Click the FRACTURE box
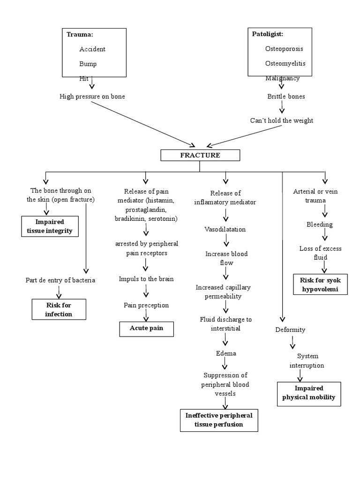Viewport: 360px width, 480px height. [200, 155]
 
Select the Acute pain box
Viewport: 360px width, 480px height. [146, 328]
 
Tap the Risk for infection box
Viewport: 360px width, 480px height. [59, 309]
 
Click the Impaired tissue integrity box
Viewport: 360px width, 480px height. [49, 226]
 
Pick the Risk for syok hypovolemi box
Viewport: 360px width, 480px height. [321, 285]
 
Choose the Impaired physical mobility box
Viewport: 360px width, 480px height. [309, 393]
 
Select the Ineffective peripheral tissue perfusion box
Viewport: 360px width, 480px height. [219, 420]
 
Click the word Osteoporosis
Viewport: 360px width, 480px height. [284, 49]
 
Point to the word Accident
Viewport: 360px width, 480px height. [92, 49]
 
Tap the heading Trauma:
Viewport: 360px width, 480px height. [80, 34]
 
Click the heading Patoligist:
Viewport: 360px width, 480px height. [268, 34]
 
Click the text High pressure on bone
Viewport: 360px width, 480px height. [92, 96]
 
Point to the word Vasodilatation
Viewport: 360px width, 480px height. [225, 229]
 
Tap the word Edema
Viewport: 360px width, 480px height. [225, 353]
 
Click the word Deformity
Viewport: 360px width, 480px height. [290, 330]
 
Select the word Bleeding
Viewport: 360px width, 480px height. [319, 224]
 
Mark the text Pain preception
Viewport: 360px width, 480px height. [146, 305]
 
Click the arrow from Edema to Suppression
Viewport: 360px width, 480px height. [225, 364]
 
